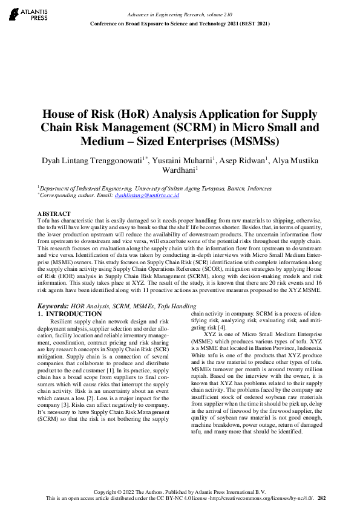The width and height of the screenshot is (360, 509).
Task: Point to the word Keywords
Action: coord(53,307)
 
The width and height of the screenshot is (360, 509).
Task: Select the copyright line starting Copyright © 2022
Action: coord(180,491)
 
